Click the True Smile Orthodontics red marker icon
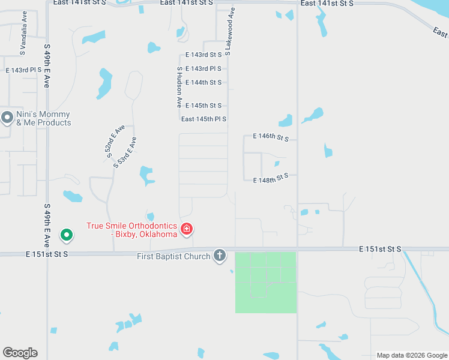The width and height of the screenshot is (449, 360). (x=186, y=229)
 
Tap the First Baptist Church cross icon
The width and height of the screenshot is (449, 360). (x=220, y=256)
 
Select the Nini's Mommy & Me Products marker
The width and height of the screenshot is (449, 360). (x=7, y=118)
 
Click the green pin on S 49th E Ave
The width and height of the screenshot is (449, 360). (x=67, y=235)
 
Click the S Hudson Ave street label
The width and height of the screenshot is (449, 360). (x=179, y=87)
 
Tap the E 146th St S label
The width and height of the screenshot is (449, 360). (x=271, y=137)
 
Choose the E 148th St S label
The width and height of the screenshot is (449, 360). (x=271, y=179)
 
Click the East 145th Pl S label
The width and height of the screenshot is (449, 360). (x=203, y=119)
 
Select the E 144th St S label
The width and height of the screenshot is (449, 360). (x=203, y=82)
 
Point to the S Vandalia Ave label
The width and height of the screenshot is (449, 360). (x=25, y=24)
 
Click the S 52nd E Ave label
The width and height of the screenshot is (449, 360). (x=115, y=142)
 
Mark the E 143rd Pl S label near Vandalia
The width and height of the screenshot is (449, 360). (x=23, y=70)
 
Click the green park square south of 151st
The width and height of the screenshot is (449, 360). (x=265, y=282)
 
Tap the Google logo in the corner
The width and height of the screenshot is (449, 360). (x=20, y=353)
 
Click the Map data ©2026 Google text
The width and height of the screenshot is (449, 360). (x=412, y=355)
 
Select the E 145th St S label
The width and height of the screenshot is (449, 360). (x=203, y=105)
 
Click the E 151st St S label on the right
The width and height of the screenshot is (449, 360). (x=380, y=248)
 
